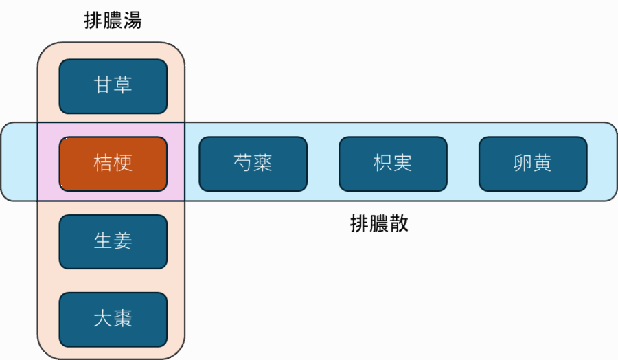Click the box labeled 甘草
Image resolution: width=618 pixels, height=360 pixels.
coord(113,87)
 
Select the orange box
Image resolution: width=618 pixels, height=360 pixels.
coord(113,164)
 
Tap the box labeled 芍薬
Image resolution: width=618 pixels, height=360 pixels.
coord(253,164)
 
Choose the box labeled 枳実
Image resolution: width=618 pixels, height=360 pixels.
coord(393,164)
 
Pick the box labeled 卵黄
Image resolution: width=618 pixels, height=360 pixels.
coord(532,164)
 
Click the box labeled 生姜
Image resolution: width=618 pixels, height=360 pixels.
coord(113,241)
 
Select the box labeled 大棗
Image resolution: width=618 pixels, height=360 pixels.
coord(113,319)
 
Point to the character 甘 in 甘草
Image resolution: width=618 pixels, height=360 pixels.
coord(103,86)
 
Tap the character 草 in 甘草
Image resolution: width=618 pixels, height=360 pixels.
coord(123,86)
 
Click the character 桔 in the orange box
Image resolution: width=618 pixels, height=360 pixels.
coord(103,164)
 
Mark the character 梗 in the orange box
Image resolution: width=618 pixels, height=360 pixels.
coord(123,164)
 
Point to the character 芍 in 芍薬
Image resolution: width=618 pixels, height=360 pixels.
coord(243,164)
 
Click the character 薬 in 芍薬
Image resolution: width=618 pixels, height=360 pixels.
coord(263,164)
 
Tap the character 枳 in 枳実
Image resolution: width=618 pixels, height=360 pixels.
coord(383,164)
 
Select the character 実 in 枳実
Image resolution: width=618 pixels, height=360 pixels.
coord(403,164)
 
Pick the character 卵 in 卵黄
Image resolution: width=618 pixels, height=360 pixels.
coord(523,164)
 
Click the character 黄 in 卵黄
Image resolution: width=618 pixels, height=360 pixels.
coord(542,164)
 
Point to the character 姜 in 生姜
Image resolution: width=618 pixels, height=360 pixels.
coord(123,241)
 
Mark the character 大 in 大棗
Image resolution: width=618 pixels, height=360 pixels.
coord(103,319)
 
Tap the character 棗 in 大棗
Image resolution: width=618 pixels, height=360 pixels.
coord(123,319)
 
